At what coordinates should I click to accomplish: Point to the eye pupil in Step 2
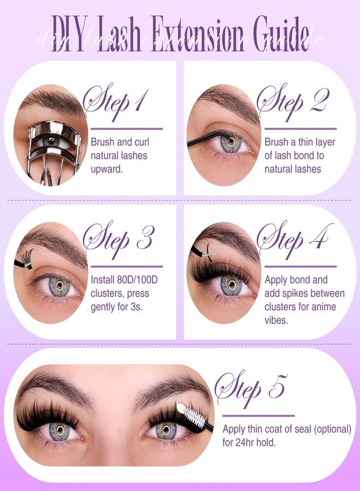[x=231, y=142]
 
